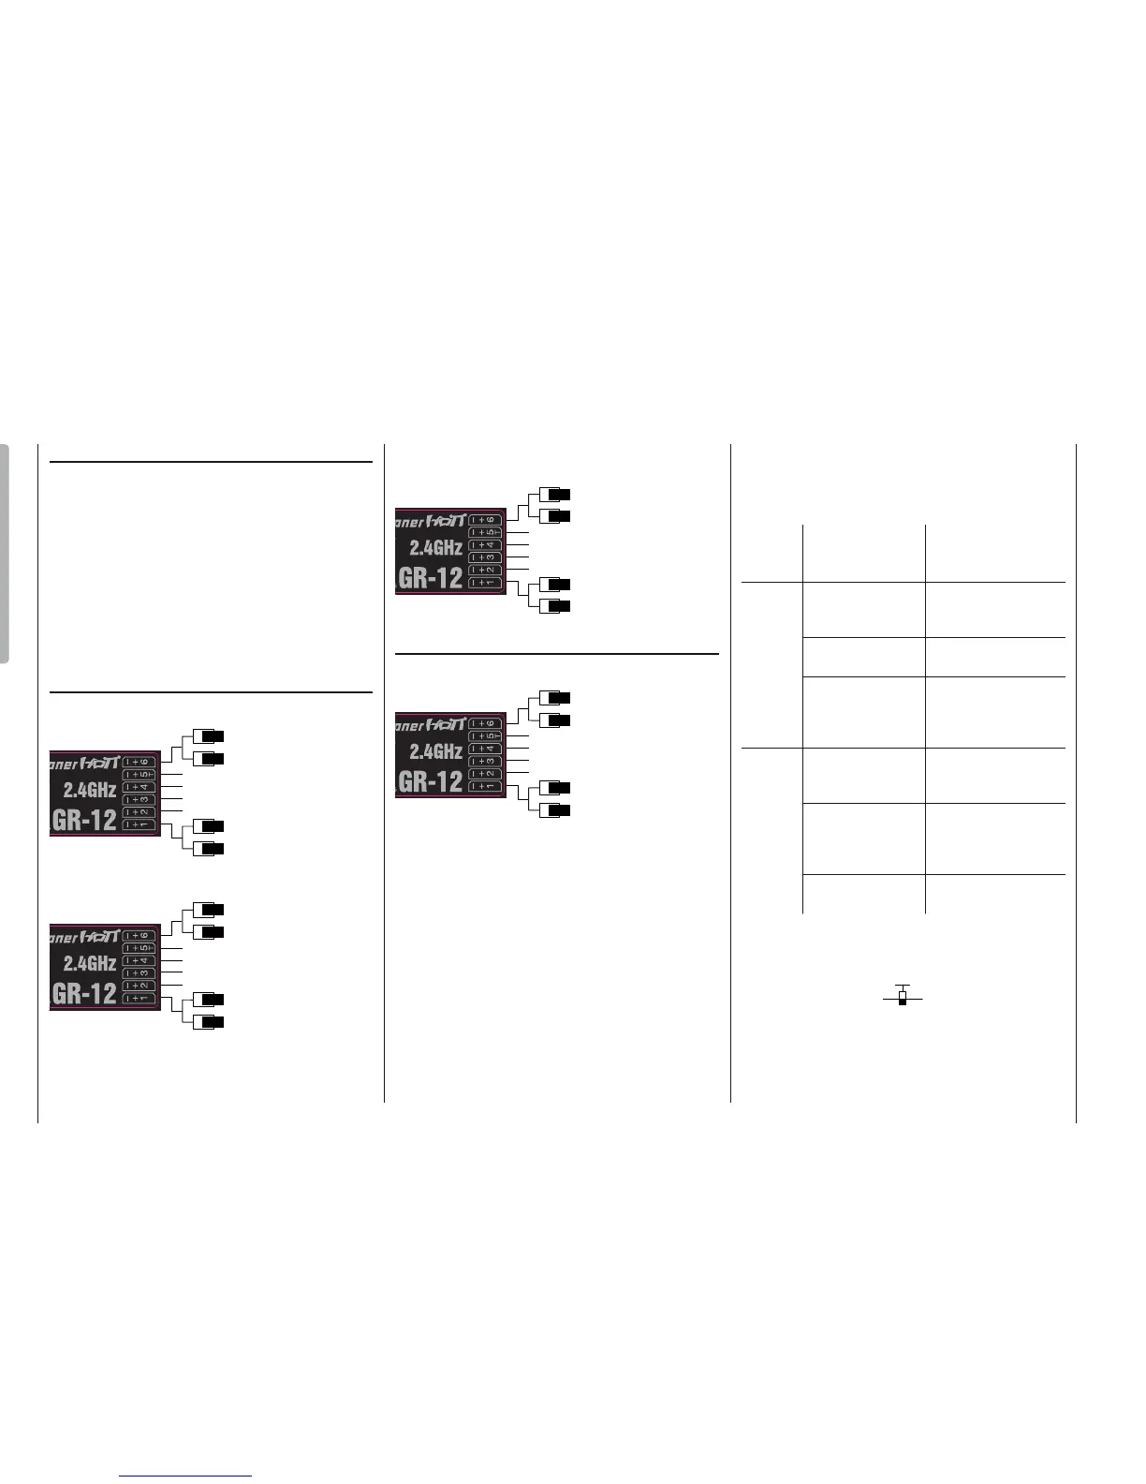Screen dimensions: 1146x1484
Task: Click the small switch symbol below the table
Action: coord(903,997)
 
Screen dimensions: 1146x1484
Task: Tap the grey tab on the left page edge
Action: coord(5,554)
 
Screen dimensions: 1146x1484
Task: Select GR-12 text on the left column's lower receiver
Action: coord(85,992)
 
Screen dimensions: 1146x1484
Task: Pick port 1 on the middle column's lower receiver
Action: coord(485,786)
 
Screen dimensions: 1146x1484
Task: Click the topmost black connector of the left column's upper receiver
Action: coord(213,735)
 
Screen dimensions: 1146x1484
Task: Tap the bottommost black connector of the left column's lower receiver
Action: coord(213,1021)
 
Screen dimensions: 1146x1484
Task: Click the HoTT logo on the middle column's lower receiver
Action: coord(446,723)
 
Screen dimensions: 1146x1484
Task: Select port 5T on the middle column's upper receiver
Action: coord(485,532)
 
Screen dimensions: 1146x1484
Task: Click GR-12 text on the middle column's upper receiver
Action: coord(432,577)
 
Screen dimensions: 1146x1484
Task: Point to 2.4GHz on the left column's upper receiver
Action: coord(90,789)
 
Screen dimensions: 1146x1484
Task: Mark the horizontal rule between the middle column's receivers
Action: coord(557,654)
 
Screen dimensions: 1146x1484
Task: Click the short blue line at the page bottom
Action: coord(185,1477)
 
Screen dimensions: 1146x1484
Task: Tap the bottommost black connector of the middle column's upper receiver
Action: coord(559,606)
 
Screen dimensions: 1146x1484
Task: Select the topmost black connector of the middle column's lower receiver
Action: coord(559,698)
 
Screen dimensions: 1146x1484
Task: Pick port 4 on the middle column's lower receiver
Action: coord(485,749)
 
